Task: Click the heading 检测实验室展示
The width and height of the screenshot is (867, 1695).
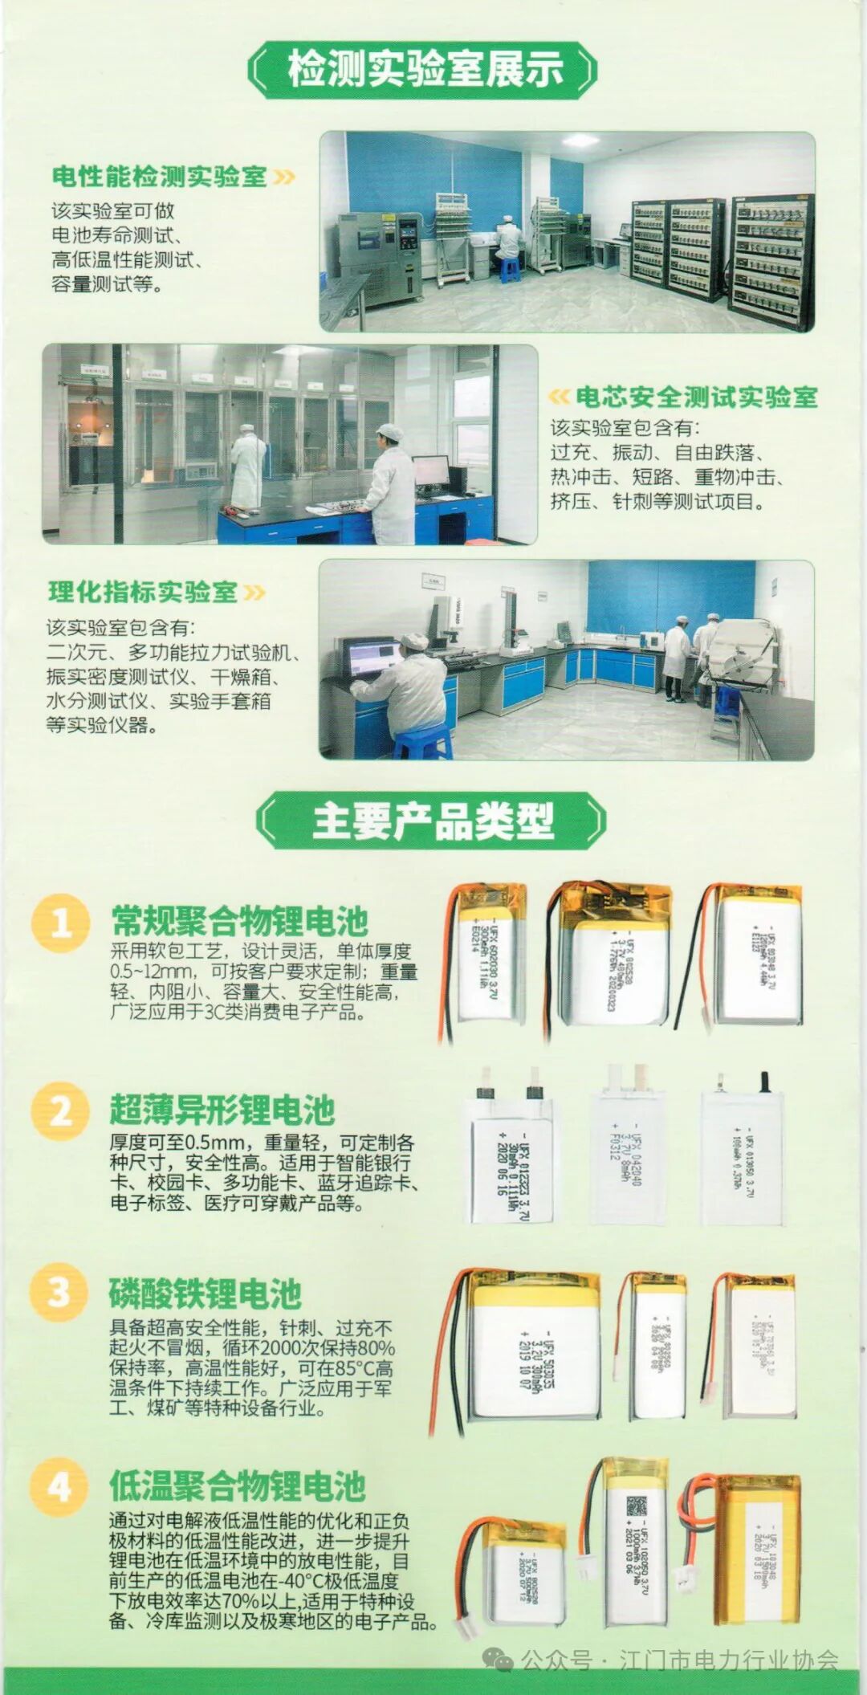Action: click(x=425, y=69)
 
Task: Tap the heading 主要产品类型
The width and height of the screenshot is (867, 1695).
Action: click(x=432, y=821)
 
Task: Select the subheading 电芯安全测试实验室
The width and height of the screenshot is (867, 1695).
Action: click(x=695, y=397)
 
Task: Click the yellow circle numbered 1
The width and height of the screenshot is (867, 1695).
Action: click(x=59, y=923)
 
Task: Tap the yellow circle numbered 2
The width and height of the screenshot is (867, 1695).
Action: click(x=59, y=1111)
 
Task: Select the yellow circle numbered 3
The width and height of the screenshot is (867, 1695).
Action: click(x=59, y=1293)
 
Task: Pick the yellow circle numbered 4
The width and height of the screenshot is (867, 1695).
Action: click(x=59, y=1485)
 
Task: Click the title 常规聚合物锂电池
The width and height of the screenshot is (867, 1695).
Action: click(x=239, y=920)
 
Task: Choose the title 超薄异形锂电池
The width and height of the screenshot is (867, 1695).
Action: click(x=222, y=1110)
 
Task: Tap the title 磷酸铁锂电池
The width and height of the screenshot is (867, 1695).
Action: click(x=205, y=1293)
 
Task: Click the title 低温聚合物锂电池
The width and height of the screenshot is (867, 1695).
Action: click(x=238, y=1486)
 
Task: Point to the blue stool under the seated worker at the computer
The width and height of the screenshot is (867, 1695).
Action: click(x=421, y=743)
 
